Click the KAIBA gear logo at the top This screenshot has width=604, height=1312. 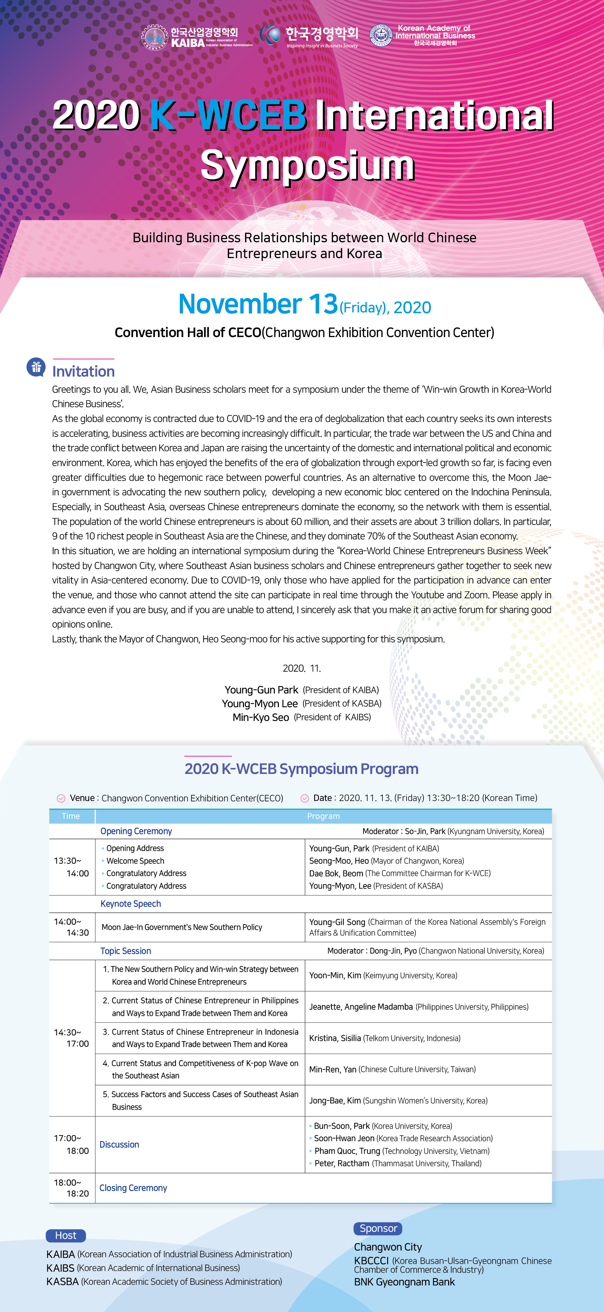point(154,37)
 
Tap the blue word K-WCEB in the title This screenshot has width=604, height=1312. point(228,115)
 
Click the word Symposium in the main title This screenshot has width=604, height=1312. point(307,165)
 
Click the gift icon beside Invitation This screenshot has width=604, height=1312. point(36,367)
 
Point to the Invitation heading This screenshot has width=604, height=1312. point(84,371)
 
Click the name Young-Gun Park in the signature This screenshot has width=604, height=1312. point(261,690)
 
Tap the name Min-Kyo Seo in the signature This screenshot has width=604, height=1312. point(261,717)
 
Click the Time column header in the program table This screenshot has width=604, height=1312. point(71,816)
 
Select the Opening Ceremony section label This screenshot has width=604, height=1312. point(136,831)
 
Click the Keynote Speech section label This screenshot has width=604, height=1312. point(130,904)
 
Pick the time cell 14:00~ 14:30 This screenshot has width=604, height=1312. point(71,927)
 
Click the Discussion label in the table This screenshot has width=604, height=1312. point(119,1145)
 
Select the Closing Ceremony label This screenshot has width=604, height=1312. point(133,1188)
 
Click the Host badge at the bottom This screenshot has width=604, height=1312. point(66,1235)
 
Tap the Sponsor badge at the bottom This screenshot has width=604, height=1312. point(378,1228)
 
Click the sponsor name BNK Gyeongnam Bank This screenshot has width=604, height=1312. point(404,1282)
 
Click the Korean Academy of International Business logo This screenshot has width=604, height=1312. point(381,36)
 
